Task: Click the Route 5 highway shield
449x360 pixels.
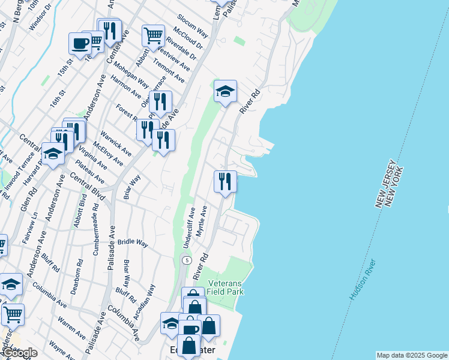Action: [187, 260]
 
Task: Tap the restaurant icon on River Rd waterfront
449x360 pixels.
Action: [225, 181]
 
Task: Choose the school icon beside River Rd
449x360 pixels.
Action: [225, 91]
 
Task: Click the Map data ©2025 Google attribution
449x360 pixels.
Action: [411, 355]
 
